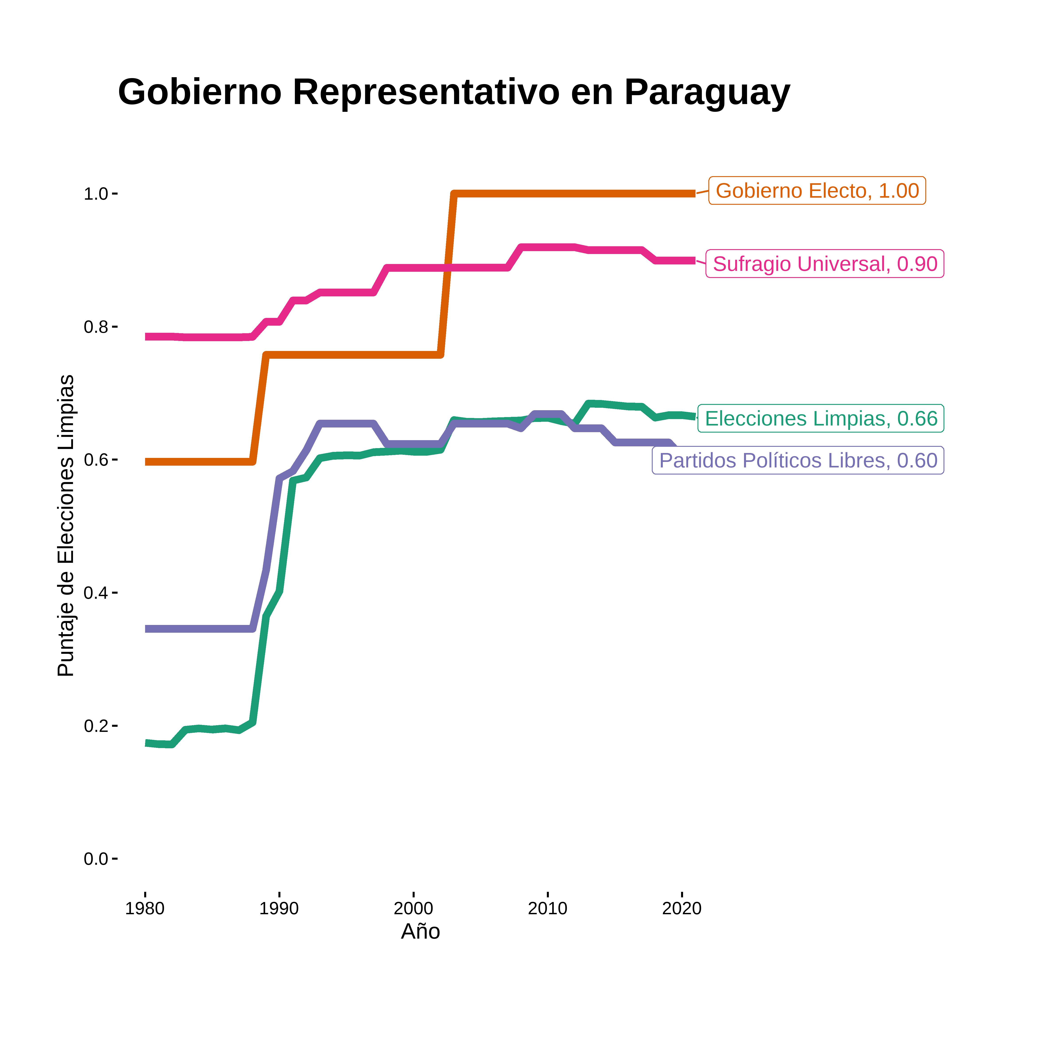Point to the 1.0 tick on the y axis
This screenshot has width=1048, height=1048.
(96, 194)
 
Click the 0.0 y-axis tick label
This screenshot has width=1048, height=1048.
(96, 859)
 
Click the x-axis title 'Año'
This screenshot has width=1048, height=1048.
(420, 931)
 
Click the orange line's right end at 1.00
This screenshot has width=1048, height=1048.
(693, 194)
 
